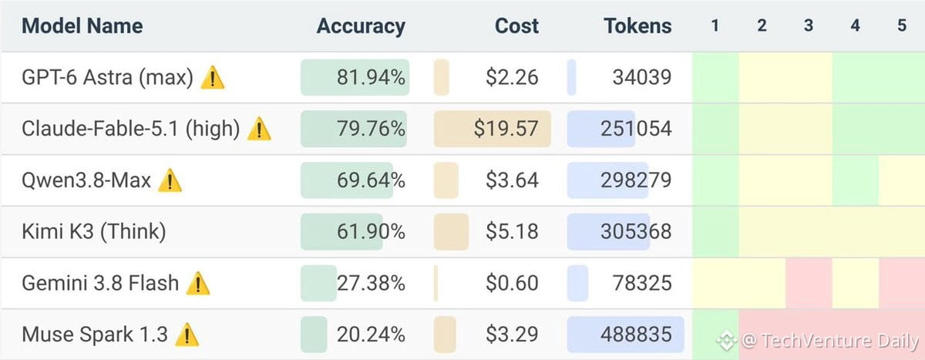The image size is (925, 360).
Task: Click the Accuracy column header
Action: click(361, 26)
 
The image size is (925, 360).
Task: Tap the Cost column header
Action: click(516, 26)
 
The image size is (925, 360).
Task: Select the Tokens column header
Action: click(637, 26)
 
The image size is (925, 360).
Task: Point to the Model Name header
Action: click(82, 26)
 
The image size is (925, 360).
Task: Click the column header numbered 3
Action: click(808, 25)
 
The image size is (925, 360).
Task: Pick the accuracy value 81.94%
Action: click(371, 77)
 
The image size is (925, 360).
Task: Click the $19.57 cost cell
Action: click(506, 129)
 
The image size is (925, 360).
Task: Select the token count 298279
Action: click(636, 180)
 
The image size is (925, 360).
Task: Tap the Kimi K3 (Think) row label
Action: click(94, 231)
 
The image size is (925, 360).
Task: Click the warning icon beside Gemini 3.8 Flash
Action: click(198, 283)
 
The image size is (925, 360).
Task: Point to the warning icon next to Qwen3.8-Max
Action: click(170, 180)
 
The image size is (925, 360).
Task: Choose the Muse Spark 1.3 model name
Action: click(95, 335)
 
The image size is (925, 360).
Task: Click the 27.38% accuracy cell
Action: click(371, 283)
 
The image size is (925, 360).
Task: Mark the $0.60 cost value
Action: click(512, 283)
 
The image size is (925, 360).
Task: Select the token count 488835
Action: click(636, 335)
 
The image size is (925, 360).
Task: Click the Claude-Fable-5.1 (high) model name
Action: click(130, 129)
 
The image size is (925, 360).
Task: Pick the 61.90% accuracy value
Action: click(371, 231)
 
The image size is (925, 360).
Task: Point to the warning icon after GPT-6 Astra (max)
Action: click(213, 77)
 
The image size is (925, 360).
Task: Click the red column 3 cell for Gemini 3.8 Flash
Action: click(809, 283)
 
